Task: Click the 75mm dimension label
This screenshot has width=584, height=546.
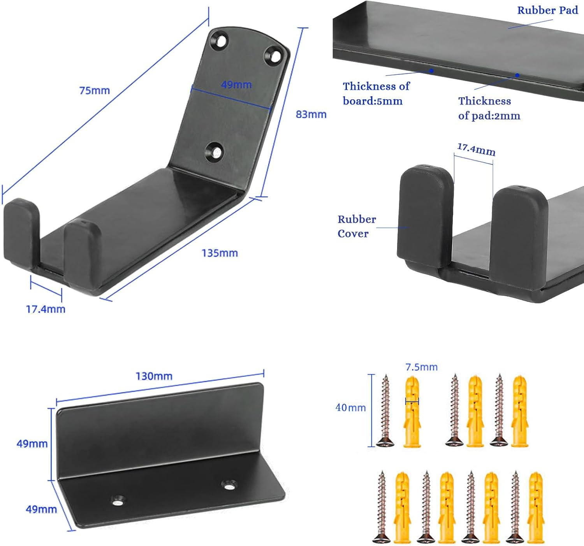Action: tap(95, 90)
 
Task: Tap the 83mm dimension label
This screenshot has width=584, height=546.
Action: tap(311, 114)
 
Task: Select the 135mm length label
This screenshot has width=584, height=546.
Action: tap(220, 253)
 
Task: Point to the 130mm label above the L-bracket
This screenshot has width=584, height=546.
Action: tap(154, 376)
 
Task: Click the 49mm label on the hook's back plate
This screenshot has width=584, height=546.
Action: tap(236, 85)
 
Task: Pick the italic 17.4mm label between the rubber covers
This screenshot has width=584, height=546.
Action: tap(476, 150)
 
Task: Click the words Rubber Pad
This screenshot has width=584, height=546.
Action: tap(547, 11)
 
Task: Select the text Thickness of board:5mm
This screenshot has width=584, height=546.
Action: tap(376, 93)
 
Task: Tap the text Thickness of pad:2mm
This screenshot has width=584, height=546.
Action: tap(489, 108)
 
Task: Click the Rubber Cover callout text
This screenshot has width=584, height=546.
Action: tap(356, 226)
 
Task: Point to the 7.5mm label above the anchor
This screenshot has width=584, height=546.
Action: tap(421, 367)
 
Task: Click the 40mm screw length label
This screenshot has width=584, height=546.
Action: tap(350, 408)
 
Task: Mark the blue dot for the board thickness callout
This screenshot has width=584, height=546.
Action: tap(431, 70)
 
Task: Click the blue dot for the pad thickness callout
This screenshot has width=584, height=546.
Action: tap(517, 75)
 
